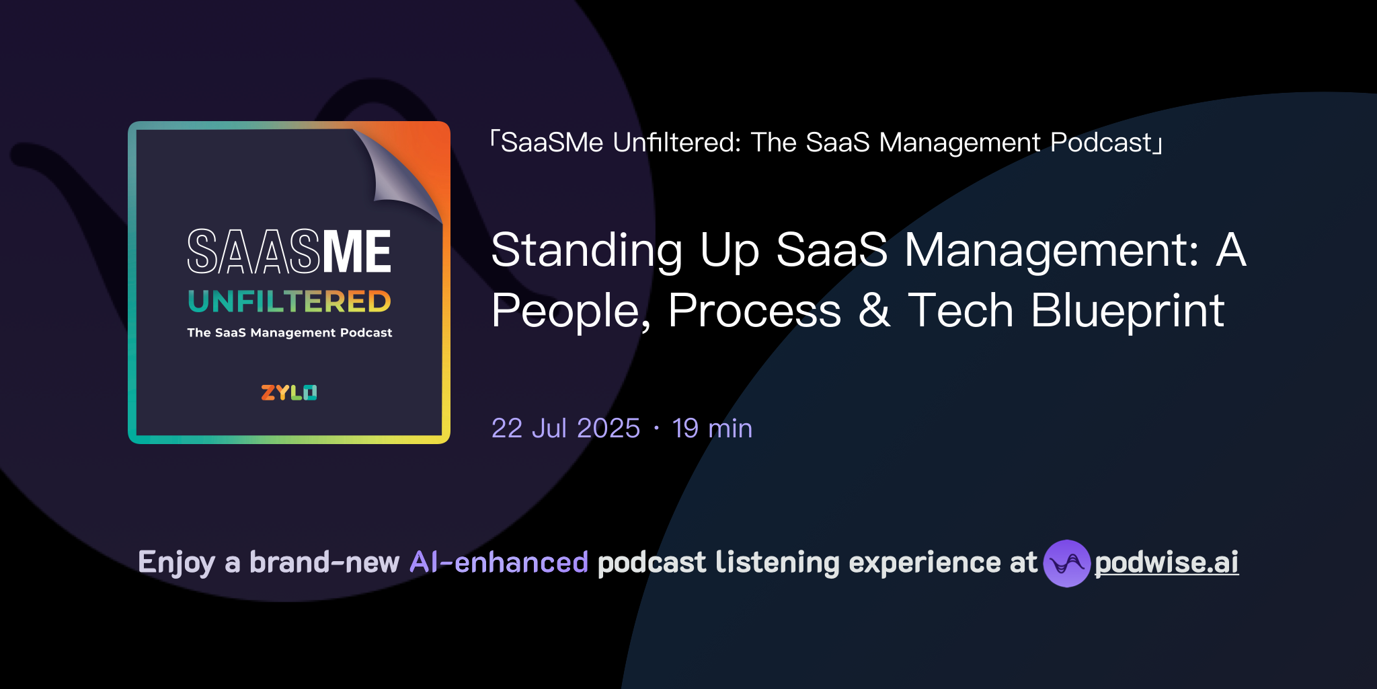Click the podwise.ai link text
click(1166, 563)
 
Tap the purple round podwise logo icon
click(1066, 563)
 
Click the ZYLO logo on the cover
click(288, 392)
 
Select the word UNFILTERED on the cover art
click(289, 301)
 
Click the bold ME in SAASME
click(357, 252)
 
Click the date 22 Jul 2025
click(565, 429)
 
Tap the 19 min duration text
click(712, 429)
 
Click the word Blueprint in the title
click(1128, 310)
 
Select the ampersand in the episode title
click(874, 310)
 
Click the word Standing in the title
click(586, 250)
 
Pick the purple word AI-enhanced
click(499, 563)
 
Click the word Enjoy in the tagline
click(176, 563)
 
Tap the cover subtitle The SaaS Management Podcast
click(289, 332)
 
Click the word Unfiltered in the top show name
click(676, 143)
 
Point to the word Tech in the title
click(960, 310)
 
